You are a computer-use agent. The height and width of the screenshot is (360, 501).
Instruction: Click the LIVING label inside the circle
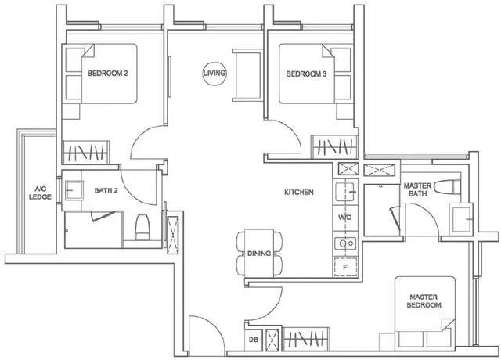pyautogui.click(x=214, y=73)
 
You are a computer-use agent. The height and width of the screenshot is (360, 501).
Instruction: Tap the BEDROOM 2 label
pyautogui.click(x=108, y=73)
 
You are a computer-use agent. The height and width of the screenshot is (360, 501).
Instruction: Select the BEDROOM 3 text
pyautogui.click(x=306, y=74)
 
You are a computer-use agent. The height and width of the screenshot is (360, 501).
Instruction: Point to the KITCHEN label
pyautogui.click(x=299, y=192)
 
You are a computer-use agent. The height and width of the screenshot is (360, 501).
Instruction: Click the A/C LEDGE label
pyautogui.click(x=40, y=193)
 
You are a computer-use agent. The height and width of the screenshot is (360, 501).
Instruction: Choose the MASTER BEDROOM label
pyautogui.click(x=424, y=301)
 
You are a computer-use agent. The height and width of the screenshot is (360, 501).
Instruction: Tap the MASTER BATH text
pyautogui.click(x=417, y=189)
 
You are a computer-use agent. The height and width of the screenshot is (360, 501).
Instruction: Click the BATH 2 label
pyautogui.click(x=106, y=190)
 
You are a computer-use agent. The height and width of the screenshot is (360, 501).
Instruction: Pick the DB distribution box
pyautogui.click(x=254, y=340)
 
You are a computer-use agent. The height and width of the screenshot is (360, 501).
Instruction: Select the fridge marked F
pyautogui.click(x=345, y=267)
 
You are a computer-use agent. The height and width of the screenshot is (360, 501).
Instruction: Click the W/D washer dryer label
pyautogui.click(x=345, y=218)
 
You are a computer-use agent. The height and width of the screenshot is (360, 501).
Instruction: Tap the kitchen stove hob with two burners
pyautogui.click(x=345, y=243)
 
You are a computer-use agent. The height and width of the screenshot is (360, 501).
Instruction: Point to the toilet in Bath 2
pyautogui.click(x=142, y=227)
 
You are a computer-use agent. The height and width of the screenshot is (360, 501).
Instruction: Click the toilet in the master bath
pyautogui.click(x=447, y=187)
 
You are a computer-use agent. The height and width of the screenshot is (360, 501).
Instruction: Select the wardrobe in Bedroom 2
pyautogui.click(x=86, y=153)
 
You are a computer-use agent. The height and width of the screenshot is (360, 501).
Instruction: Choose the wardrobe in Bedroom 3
pyautogui.click(x=334, y=146)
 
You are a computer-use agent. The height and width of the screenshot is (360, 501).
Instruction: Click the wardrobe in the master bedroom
pyautogui.click(x=306, y=339)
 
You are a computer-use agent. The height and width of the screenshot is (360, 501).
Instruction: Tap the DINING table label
pyautogui.click(x=259, y=254)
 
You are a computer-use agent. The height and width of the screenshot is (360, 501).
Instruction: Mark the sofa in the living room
pyautogui.click(x=247, y=75)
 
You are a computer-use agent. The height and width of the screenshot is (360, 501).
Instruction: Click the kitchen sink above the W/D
pyautogui.click(x=345, y=192)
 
